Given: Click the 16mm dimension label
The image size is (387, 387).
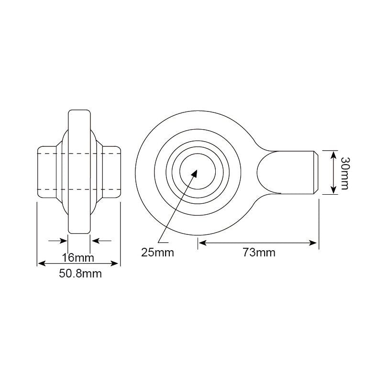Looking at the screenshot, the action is [x=78, y=258].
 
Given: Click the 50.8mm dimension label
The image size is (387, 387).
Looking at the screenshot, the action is [x=80, y=274].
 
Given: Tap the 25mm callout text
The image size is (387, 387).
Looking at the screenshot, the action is [x=157, y=253].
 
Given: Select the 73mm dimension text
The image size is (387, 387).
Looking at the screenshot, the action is [x=259, y=253].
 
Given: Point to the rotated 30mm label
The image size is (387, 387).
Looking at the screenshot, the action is [x=344, y=173].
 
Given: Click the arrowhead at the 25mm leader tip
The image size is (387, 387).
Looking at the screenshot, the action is [x=194, y=173].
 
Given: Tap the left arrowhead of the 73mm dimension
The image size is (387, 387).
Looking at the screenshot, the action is [x=202, y=243].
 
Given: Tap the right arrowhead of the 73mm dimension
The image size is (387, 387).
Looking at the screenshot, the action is [x=312, y=243].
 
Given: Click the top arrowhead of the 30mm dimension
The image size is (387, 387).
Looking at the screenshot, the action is [x=333, y=155].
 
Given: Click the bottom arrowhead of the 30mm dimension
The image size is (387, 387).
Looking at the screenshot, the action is [x=333, y=189].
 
